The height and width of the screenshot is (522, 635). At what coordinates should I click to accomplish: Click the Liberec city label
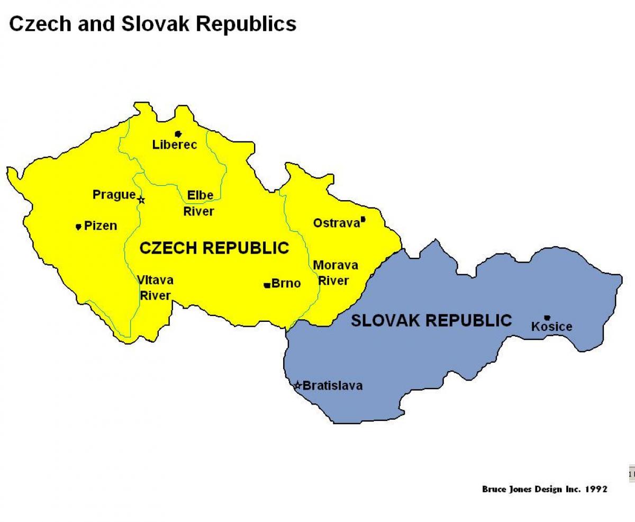tap(175, 145)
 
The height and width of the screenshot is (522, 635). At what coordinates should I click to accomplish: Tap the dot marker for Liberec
tap(178, 134)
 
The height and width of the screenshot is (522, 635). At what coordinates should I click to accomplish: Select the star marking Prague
tap(141, 200)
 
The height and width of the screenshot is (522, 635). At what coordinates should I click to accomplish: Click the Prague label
tap(114, 195)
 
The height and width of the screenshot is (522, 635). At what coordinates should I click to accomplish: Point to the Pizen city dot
tap(78, 227)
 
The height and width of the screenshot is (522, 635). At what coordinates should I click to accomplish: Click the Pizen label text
tap(101, 226)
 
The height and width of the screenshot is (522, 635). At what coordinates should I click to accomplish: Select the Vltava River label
tap(155, 287)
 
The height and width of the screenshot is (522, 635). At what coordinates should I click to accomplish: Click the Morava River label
tap(335, 273)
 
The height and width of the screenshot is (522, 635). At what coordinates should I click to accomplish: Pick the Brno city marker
tap(267, 285)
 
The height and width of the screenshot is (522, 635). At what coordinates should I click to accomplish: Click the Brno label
tap(286, 284)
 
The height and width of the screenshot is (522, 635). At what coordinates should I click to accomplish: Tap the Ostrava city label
tap(337, 223)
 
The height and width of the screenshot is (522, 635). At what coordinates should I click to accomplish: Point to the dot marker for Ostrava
tap(363, 219)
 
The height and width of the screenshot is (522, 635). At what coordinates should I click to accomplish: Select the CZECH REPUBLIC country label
tap(214, 248)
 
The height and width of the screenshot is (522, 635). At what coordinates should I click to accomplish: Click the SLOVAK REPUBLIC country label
tap(431, 320)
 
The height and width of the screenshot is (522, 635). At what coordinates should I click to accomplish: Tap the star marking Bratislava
tap(298, 385)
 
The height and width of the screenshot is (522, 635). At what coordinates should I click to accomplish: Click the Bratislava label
tap(332, 385)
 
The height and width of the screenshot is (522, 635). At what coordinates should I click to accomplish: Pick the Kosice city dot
tap(547, 318)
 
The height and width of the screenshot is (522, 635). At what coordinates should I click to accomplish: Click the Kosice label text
tap(552, 327)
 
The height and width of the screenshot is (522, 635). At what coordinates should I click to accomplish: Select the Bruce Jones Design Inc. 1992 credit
tap(545, 489)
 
